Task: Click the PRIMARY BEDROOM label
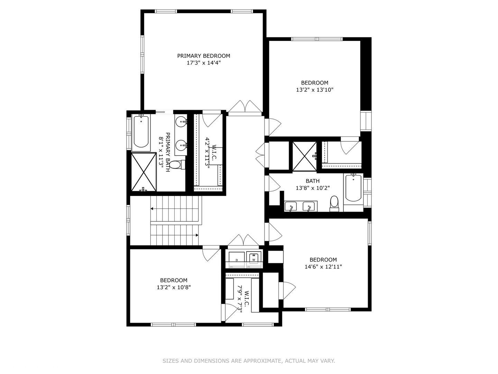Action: point(203,56)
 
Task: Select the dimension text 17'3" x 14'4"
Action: point(203,63)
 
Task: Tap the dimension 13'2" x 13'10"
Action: point(314,90)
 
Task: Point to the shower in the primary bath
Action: point(144,172)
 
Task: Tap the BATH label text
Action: point(312,181)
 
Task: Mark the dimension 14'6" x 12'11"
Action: point(323,267)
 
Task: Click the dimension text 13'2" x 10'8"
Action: point(174,287)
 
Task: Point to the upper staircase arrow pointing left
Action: point(153,208)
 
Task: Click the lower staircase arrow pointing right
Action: point(197,235)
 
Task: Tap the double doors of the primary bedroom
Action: point(245,106)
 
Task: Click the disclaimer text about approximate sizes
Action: point(249,361)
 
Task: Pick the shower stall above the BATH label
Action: point(304,156)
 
